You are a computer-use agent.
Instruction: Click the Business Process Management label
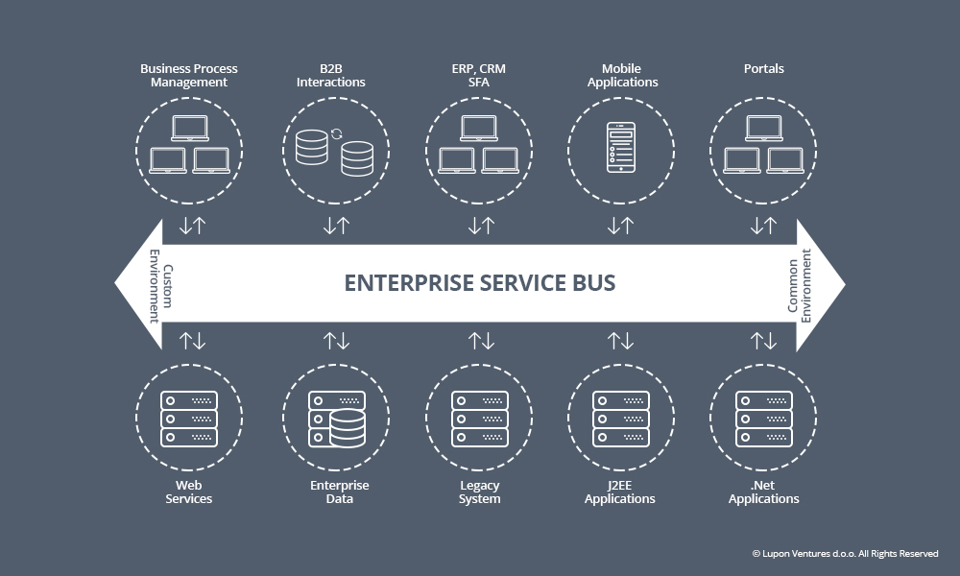tap(188, 75)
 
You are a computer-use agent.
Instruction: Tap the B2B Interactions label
tap(330, 75)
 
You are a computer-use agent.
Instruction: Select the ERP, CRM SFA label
tap(479, 75)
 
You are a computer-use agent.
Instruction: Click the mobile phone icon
tap(621, 148)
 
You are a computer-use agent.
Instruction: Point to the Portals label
tap(763, 68)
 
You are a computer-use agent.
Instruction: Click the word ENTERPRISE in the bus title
tap(409, 283)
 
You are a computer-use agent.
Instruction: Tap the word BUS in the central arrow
tap(594, 283)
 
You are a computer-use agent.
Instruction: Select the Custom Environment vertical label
tap(161, 286)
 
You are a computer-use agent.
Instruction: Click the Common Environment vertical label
tap(799, 286)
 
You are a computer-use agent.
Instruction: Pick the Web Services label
tap(188, 492)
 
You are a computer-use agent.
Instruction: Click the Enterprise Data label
tap(339, 492)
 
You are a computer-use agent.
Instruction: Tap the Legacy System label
tap(479, 492)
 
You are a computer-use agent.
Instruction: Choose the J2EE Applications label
tap(619, 492)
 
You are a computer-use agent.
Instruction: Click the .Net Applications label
tap(763, 492)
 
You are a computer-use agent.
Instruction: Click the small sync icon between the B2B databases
tap(336, 134)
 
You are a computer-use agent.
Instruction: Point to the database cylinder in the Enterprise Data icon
tap(348, 427)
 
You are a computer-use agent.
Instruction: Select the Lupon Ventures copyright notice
tap(845, 553)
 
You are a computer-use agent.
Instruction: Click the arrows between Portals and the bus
tap(763, 226)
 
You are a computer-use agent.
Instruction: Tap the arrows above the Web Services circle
tap(192, 341)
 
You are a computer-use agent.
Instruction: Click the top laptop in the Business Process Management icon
tap(190, 128)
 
